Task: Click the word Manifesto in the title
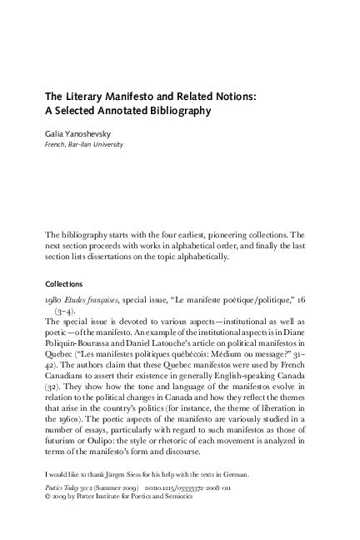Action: pyautogui.click(x=117, y=95)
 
